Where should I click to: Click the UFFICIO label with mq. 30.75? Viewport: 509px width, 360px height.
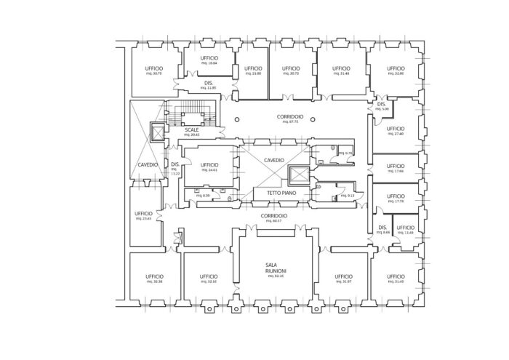(154, 68)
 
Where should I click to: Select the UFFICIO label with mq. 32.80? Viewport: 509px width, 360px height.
(396, 68)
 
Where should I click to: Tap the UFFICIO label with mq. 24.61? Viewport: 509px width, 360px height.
(209, 165)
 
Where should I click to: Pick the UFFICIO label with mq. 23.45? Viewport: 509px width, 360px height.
(143, 212)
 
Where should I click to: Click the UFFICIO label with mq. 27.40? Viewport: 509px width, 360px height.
(396, 129)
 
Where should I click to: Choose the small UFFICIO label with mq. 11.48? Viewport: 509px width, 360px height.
(406, 228)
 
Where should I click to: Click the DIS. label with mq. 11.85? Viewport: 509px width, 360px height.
(209, 84)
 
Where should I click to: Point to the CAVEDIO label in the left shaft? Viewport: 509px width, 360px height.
(148, 165)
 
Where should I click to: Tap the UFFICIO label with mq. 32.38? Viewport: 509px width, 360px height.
(154, 276)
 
